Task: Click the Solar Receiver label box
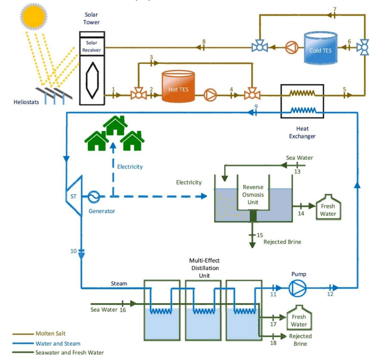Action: pos(91,47)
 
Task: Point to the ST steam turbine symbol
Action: pos(73,195)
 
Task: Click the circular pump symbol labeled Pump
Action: pos(298,287)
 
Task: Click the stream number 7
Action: pos(335,9)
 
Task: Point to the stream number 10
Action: pos(74,251)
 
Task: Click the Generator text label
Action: pos(101,211)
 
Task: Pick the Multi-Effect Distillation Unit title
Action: pos(204,268)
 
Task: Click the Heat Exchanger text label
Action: pos(302,133)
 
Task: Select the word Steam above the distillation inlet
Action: pos(119,284)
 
